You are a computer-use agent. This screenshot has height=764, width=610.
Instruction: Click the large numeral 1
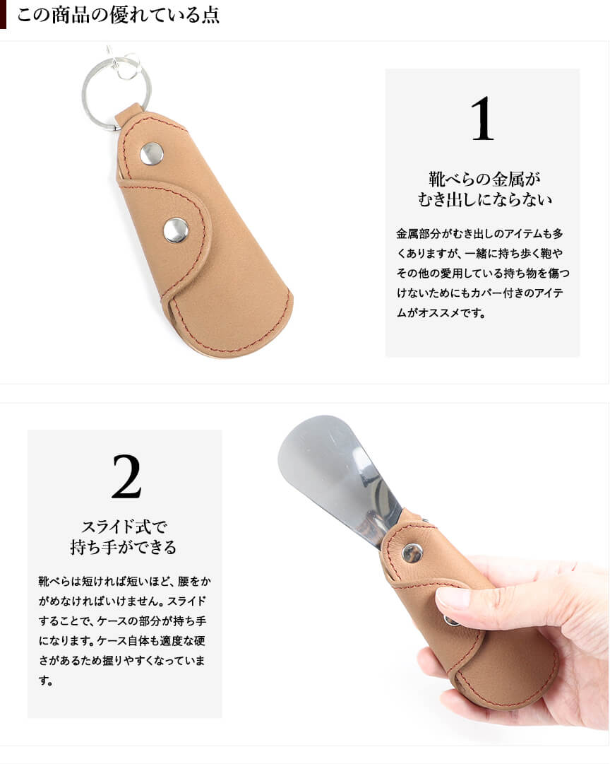click(x=482, y=119)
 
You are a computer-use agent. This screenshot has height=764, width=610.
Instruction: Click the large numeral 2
click(x=126, y=477)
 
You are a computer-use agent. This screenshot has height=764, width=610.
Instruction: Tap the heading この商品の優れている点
click(x=118, y=15)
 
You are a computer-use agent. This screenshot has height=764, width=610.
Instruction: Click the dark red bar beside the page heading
click(x=3, y=14)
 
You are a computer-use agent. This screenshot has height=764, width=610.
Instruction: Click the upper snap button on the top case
click(x=151, y=154)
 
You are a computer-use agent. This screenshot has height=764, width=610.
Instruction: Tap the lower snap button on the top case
click(x=176, y=230)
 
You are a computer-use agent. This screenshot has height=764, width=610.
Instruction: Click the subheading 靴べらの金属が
click(x=484, y=179)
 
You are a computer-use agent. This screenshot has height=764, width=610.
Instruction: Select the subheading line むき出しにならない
click(x=484, y=199)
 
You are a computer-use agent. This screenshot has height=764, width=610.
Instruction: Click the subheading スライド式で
click(x=124, y=527)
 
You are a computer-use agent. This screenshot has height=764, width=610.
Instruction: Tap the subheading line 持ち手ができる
click(x=124, y=547)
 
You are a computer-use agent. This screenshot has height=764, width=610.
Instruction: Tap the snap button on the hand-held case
click(x=412, y=553)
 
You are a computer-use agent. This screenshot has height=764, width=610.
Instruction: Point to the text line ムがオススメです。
click(x=441, y=313)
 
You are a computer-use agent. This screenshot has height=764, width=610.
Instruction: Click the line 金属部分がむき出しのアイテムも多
click(x=479, y=234)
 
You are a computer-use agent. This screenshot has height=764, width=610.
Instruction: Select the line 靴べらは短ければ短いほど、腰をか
click(x=125, y=581)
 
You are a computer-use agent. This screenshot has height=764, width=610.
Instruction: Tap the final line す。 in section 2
click(x=46, y=680)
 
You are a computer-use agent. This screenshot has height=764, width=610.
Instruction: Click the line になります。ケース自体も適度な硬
click(x=121, y=641)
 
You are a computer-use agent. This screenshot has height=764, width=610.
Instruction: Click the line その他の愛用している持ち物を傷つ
click(x=483, y=274)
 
